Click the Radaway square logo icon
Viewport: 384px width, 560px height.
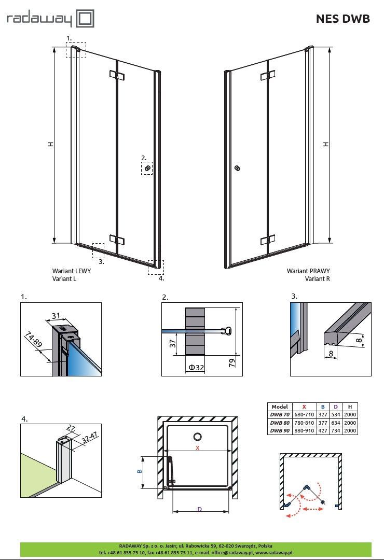point(85,19)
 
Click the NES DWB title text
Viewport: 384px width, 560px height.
point(342,19)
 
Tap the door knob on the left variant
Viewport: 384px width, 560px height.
point(147,168)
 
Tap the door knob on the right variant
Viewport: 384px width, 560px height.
point(237,168)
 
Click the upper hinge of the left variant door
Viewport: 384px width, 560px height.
point(117,76)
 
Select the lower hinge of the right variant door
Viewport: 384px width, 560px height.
point(268,240)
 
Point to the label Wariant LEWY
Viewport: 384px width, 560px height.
point(72,271)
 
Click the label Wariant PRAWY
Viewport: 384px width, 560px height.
point(308,271)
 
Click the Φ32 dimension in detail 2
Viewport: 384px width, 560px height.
point(196,367)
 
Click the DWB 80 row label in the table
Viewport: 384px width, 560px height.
point(280,423)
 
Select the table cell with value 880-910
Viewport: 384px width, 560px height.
point(304,431)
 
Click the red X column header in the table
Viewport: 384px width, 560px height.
point(304,407)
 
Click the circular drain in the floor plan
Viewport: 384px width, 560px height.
point(198,437)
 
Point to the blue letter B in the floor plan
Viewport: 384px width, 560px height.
point(140,471)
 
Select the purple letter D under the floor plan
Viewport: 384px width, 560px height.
point(199,509)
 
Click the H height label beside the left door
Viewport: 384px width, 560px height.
point(51,144)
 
